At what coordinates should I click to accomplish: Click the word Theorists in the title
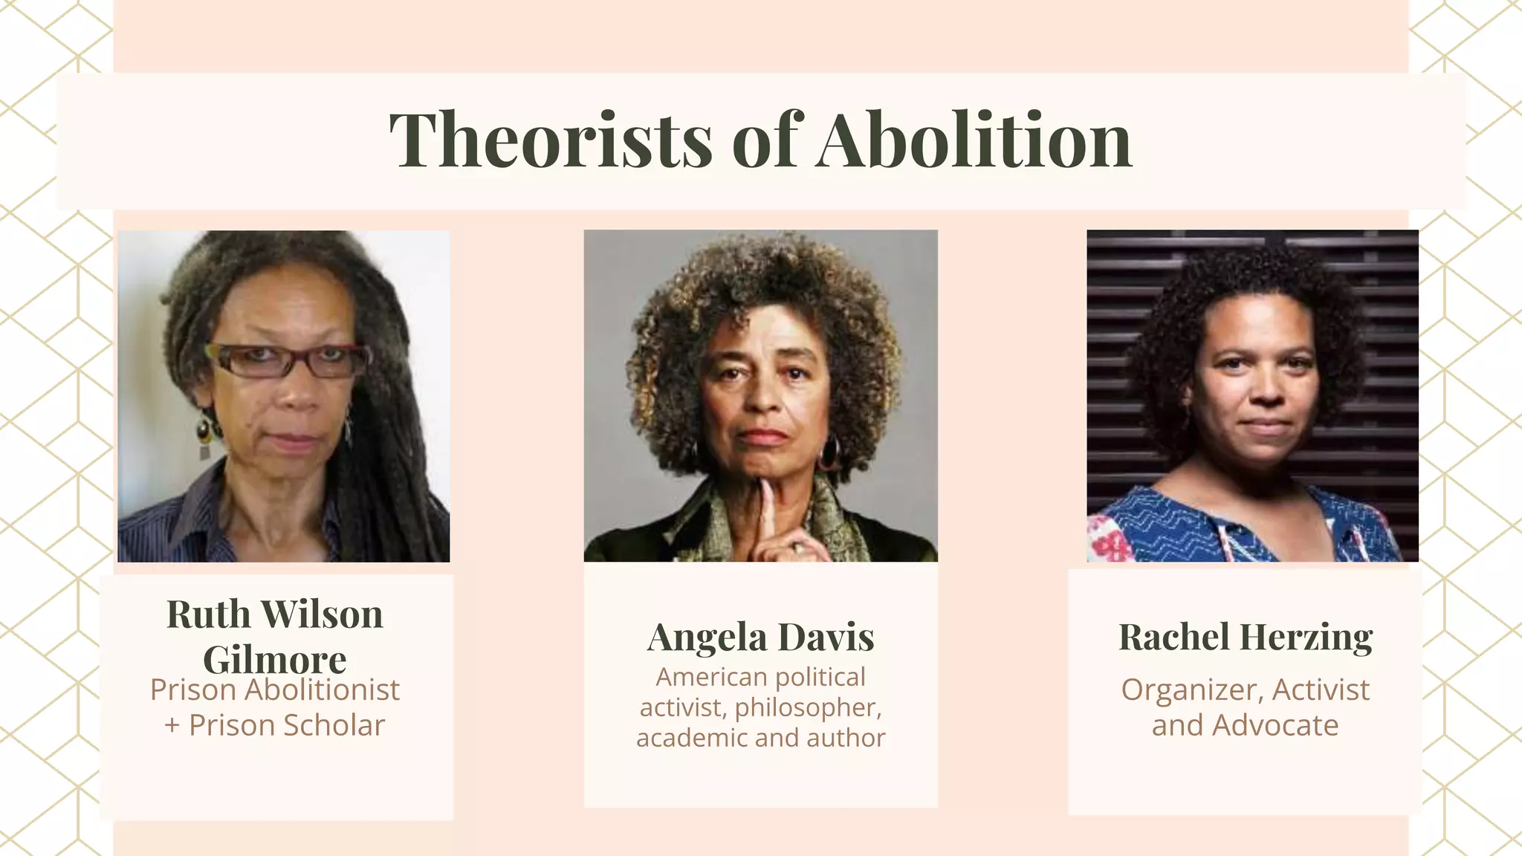[x=550, y=140]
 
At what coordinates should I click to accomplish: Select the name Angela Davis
[x=760, y=637]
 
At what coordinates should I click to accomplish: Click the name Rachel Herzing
[x=1245, y=637]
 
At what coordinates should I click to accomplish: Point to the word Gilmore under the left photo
[x=274, y=659]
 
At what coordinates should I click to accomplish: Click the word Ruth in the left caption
[x=208, y=615]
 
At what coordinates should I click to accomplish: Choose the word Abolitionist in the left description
[x=322, y=690]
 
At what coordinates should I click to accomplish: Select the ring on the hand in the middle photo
[x=797, y=548]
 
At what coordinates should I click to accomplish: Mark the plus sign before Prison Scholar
[x=172, y=726]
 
